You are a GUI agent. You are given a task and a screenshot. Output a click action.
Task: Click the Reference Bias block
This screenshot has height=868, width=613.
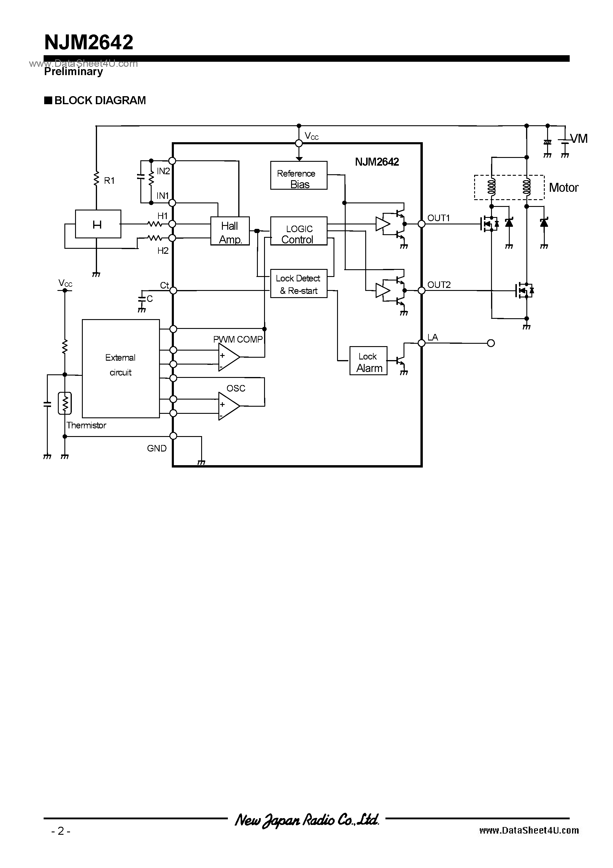pos(298,175)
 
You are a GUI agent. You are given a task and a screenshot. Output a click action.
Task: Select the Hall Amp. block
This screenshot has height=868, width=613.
pos(230,231)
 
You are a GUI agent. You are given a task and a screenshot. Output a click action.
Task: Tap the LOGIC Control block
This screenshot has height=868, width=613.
pos(298,231)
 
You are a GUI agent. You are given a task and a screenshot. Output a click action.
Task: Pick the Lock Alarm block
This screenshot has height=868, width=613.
pos(368,361)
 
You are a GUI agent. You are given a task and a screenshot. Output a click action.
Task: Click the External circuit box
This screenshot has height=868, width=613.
pos(120,369)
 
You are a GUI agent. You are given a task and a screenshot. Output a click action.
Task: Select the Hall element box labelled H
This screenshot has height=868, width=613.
pos(98,224)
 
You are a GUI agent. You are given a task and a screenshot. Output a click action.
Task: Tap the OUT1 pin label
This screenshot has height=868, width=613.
pos(439,218)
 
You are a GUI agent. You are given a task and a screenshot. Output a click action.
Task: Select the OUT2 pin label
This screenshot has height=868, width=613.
pos(439,285)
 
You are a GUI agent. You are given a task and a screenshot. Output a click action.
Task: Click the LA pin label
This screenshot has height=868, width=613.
pos(432,337)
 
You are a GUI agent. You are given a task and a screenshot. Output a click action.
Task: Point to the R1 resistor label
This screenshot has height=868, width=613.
pos(109,181)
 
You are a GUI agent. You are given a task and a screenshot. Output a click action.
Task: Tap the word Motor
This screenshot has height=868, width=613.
pos(563,188)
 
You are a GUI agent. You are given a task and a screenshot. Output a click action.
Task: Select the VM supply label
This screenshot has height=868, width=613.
pos(579,139)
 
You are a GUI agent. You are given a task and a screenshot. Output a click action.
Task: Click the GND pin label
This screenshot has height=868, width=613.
pos(156,448)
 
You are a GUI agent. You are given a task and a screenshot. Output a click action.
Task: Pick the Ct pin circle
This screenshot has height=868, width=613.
pos(173,290)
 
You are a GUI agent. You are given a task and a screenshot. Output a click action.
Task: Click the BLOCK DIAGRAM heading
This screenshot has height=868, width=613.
pos(100,101)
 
